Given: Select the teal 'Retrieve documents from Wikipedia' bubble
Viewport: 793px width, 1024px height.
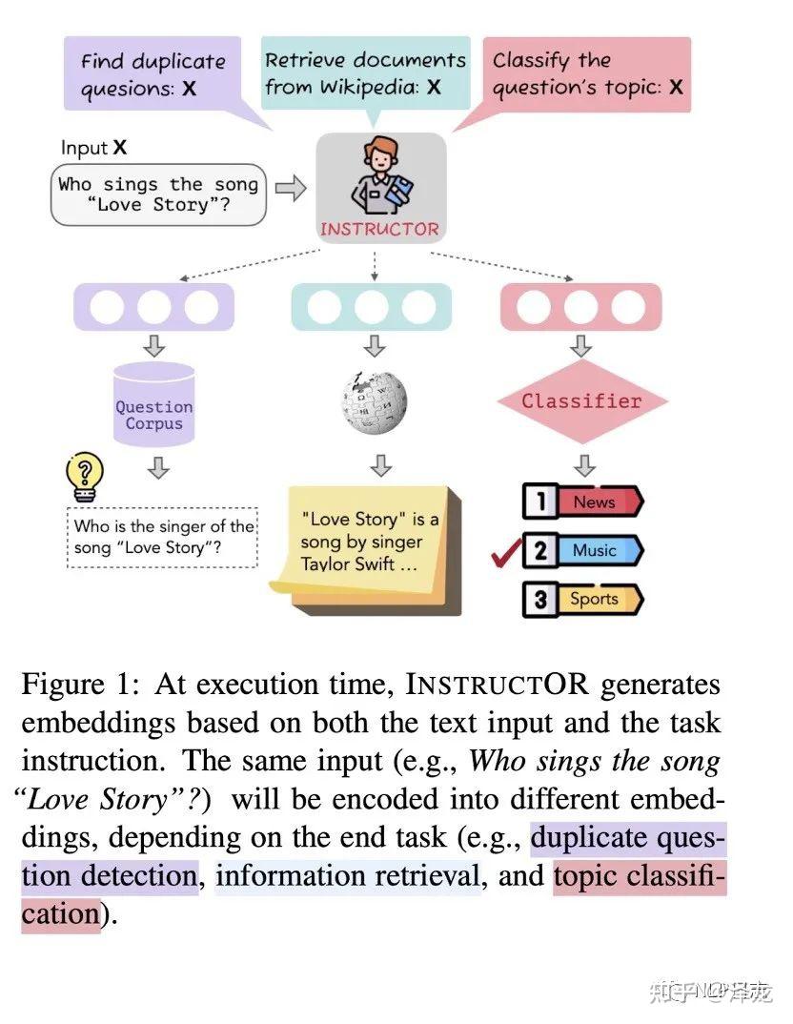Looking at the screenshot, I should (x=365, y=73).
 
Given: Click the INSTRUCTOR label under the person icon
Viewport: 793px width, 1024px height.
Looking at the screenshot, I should (x=379, y=229).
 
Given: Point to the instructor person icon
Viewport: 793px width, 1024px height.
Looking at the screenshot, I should (x=379, y=175).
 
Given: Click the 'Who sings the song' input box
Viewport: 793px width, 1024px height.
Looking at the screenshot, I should (x=157, y=195).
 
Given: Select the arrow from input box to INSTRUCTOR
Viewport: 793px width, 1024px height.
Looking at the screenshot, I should (x=290, y=188).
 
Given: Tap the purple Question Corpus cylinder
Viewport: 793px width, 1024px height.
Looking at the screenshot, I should (x=153, y=404).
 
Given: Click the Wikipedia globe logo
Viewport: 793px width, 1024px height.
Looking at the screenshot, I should (x=374, y=401).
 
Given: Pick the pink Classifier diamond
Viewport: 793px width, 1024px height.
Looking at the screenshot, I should (x=581, y=401).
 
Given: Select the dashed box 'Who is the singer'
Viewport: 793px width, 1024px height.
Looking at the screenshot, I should (x=162, y=538).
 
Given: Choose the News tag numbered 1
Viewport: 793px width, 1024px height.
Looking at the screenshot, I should (x=583, y=502).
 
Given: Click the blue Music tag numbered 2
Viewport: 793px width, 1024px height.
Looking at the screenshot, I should (x=583, y=550).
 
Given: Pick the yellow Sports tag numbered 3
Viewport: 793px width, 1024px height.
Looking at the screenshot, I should (x=583, y=600).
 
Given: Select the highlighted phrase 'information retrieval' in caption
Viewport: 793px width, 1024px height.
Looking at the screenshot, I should (x=348, y=875).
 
